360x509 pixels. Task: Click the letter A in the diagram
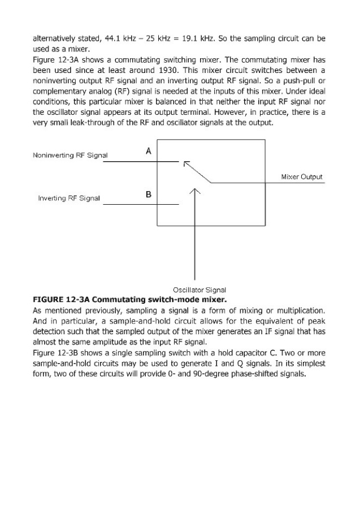(149, 152)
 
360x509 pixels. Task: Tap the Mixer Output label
(302, 177)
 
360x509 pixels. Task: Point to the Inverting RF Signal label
(68, 199)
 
